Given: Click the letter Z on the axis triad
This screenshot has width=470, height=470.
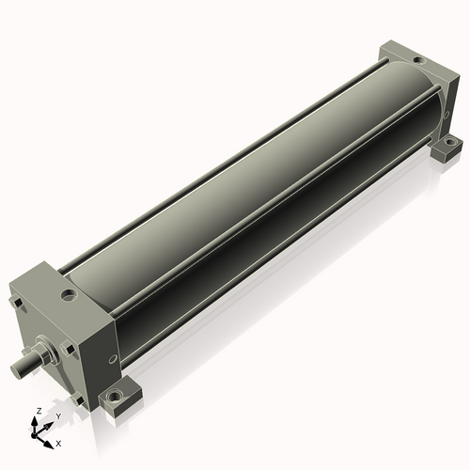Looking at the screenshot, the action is tap(39, 411).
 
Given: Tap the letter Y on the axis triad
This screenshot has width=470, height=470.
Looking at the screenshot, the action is tap(58, 416).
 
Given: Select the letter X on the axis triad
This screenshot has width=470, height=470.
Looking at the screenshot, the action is tap(58, 444).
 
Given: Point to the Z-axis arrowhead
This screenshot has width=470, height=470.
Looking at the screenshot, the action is tap(34, 421).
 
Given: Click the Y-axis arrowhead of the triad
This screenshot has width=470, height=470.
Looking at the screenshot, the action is tap(48, 426).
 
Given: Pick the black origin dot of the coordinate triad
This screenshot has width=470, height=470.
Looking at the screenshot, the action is tap(33, 435).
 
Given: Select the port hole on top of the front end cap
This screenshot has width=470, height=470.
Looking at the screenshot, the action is tap(69, 295).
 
